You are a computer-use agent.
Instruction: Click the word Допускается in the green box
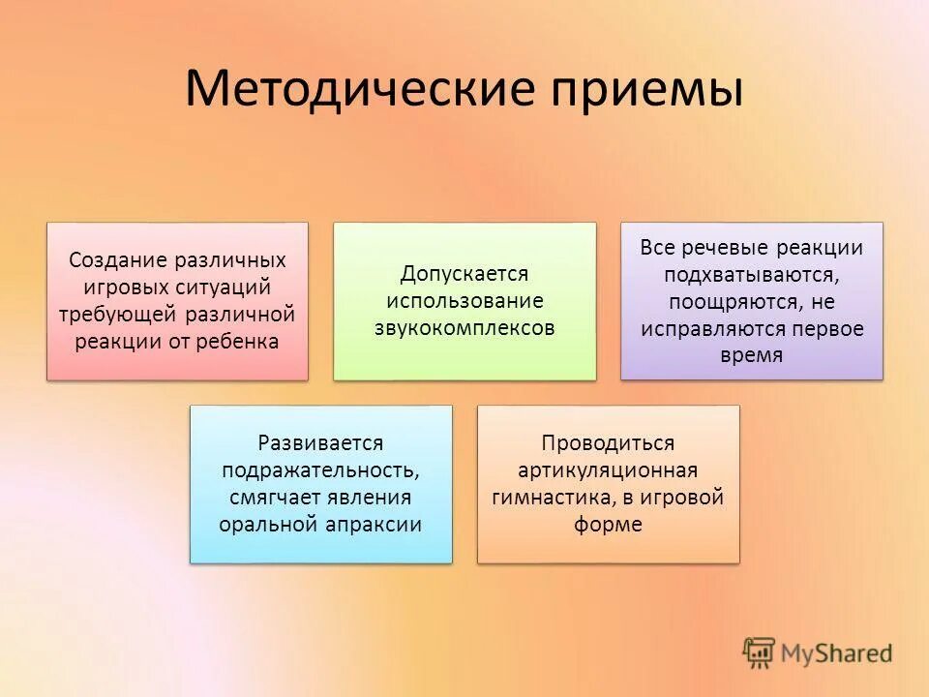tap(464, 274)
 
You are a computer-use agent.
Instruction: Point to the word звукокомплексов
tap(464, 328)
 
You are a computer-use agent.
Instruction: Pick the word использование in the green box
tap(464, 301)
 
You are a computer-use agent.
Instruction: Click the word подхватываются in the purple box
tap(751, 274)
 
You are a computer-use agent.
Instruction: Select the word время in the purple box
tap(751, 355)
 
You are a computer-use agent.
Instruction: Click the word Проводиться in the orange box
tap(608, 442)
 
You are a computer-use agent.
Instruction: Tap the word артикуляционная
tap(608, 470)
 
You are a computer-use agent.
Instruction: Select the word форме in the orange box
tap(608, 525)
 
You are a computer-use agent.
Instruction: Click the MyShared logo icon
tap(760, 652)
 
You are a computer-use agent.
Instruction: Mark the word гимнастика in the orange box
tap(548, 498)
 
